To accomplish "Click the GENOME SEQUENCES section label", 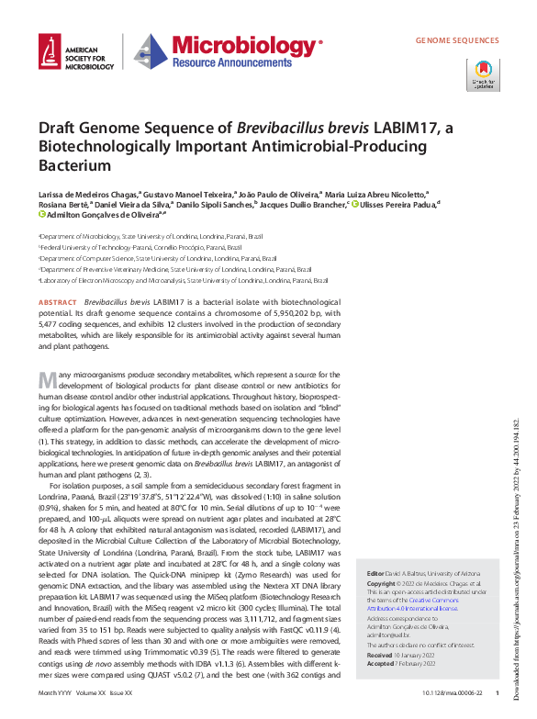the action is (x=456, y=41).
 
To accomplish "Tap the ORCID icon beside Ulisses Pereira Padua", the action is (x=354, y=206).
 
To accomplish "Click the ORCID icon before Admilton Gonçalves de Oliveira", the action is (x=42, y=218).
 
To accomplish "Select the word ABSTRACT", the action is (x=58, y=302).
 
